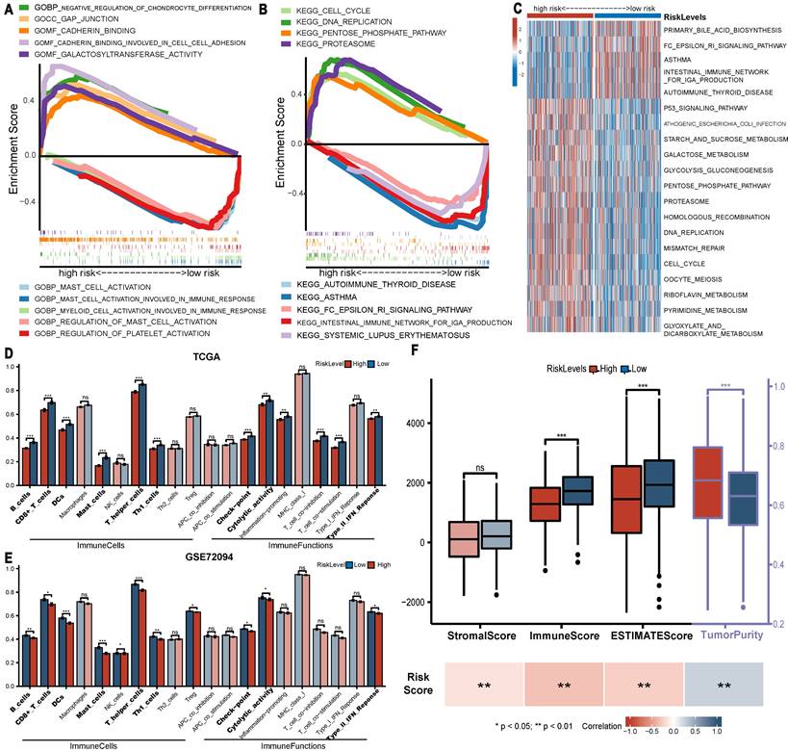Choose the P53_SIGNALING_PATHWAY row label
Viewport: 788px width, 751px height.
[x=707, y=109]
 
